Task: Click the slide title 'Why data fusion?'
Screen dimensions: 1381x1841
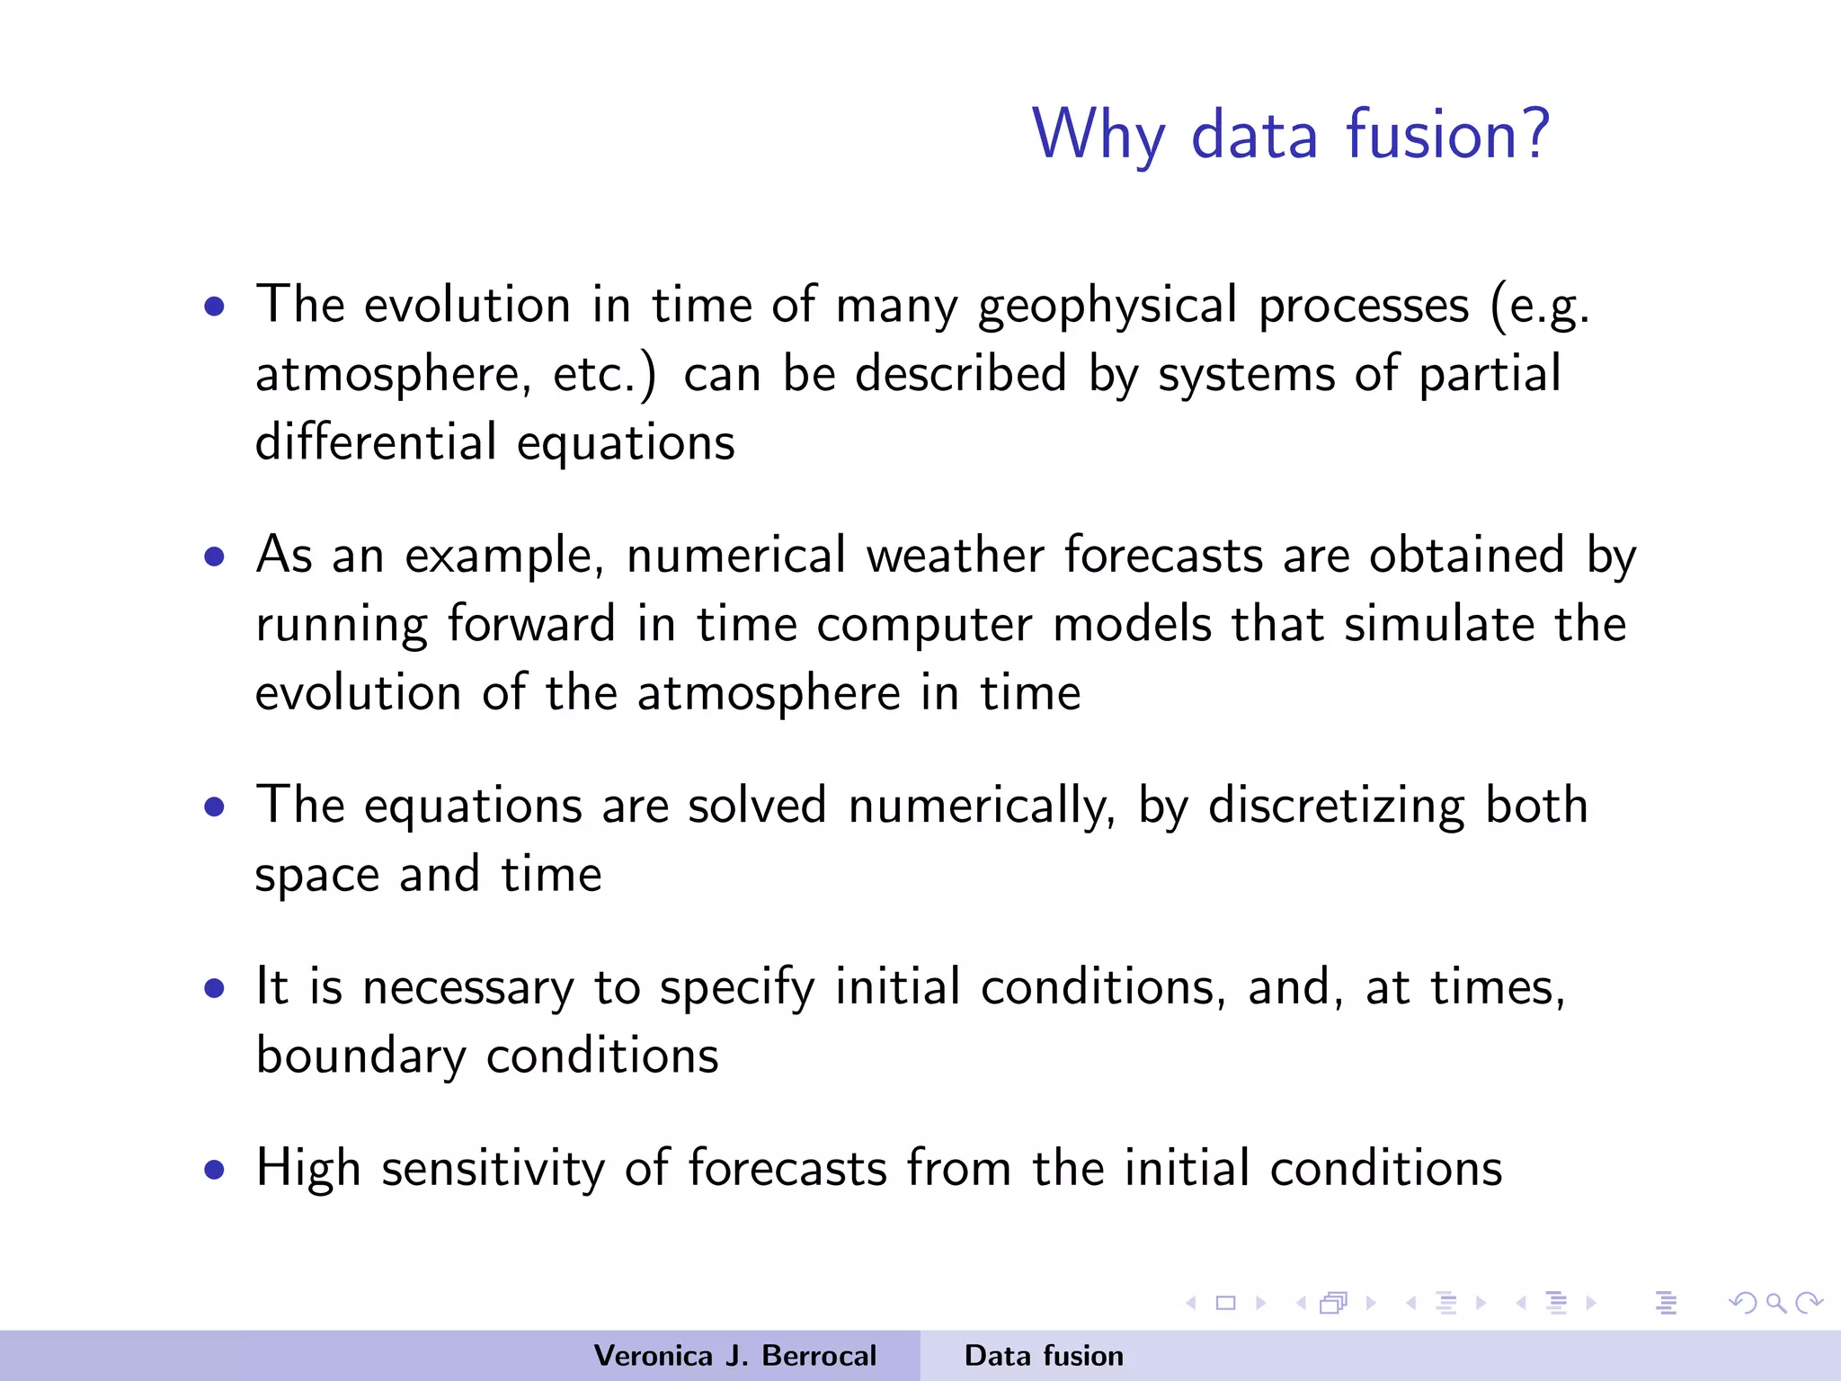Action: pyautogui.click(x=1290, y=135)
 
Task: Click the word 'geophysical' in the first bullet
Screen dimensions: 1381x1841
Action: pyautogui.click(x=1107, y=306)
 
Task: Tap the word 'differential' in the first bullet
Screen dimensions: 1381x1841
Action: pyautogui.click(x=376, y=442)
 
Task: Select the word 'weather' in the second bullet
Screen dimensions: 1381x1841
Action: pyautogui.click(x=955, y=555)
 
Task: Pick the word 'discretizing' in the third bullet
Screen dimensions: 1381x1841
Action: pyautogui.click(x=1336, y=806)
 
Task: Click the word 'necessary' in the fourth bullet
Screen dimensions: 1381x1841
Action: pyautogui.click(x=467, y=987)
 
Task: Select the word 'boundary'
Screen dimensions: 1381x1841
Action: pyautogui.click(x=360, y=1056)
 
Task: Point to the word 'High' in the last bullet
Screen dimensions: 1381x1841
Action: pyautogui.click(x=307, y=1169)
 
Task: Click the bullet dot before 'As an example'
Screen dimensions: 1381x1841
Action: pyautogui.click(x=214, y=557)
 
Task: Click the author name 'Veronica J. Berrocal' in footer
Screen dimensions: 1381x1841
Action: pyautogui.click(x=734, y=1356)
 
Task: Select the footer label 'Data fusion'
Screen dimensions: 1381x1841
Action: pyautogui.click(x=1044, y=1356)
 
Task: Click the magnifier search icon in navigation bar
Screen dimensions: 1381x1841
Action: pyautogui.click(x=1775, y=1303)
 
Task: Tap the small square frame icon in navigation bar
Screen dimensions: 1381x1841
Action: pyautogui.click(x=1225, y=1303)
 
